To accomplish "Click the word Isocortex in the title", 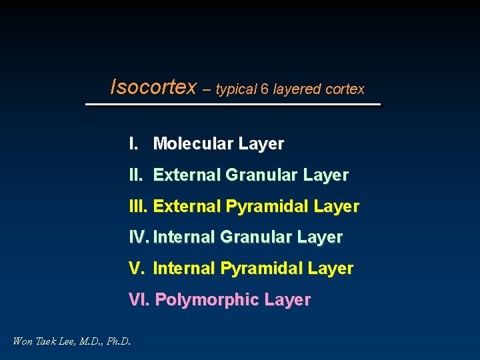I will [x=153, y=87].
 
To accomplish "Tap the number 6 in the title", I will [x=266, y=89].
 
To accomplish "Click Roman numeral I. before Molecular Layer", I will [x=133, y=143].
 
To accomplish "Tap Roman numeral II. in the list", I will [x=136, y=175].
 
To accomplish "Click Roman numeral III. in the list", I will [x=138, y=207].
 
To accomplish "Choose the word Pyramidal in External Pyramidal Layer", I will [x=267, y=207].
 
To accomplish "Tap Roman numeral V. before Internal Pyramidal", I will [x=136, y=269].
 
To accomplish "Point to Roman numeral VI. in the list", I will [x=139, y=300].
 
